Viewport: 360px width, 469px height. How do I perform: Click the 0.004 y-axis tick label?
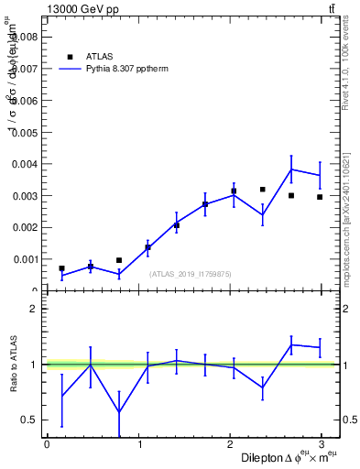coord(27,164)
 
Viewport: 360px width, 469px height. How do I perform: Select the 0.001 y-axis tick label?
coord(27,259)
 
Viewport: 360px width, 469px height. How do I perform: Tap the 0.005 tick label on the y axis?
coord(27,132)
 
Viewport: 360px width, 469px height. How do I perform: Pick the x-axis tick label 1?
coord(139,444)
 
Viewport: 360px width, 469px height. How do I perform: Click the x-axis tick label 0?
coord(47,444)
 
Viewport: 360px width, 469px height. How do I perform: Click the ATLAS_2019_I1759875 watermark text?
coord(191,273)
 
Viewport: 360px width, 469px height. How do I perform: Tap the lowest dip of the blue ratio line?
coord(119,411)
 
